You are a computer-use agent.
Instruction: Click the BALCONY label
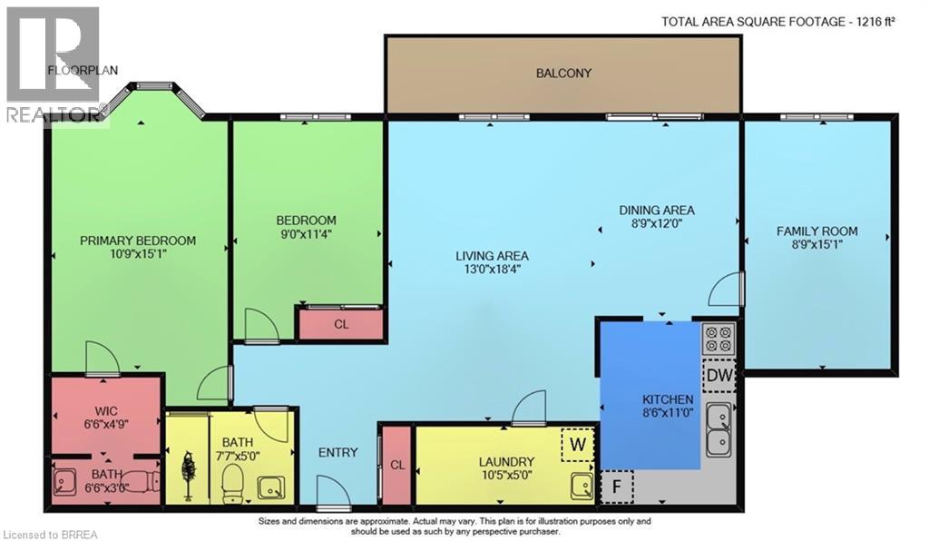(x=562, y=73)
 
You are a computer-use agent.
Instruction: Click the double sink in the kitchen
(x=721, y=429)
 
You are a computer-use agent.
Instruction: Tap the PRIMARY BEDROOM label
(x=138, y=241)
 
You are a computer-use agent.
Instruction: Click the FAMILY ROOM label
(x=817, y=231)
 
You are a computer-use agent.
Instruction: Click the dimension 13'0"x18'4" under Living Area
(x=493, y=270)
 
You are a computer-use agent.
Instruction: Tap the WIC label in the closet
(x=107, y=408)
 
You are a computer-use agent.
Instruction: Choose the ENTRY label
(x=337, y=453)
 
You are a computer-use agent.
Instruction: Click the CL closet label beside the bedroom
(x=341, y=324)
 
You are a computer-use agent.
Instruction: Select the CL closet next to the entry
(x=396, y=464)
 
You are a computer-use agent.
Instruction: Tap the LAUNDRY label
(x=506, y=461)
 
